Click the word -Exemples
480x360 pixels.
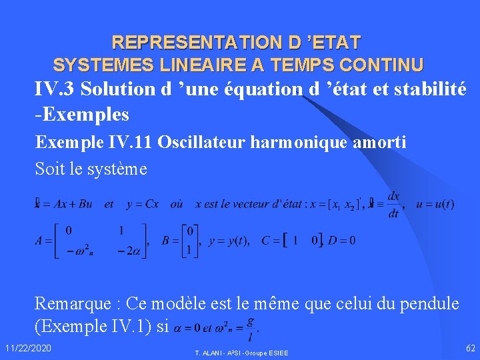pyautogui.click(x=82, y=114)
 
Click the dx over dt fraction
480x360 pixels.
pyautogui.click(x=393, y=204)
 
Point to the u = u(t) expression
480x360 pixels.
pyautogui.click(x=435, y=204)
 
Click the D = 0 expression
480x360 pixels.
pyautogui.click(x=343, y=241)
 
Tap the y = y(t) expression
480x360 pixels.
pyautogui.click(x=229, y=241)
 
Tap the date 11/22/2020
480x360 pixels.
pyautogui.click(x=27, y=349)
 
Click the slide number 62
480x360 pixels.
pyautogui.click(x=471, y=348)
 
